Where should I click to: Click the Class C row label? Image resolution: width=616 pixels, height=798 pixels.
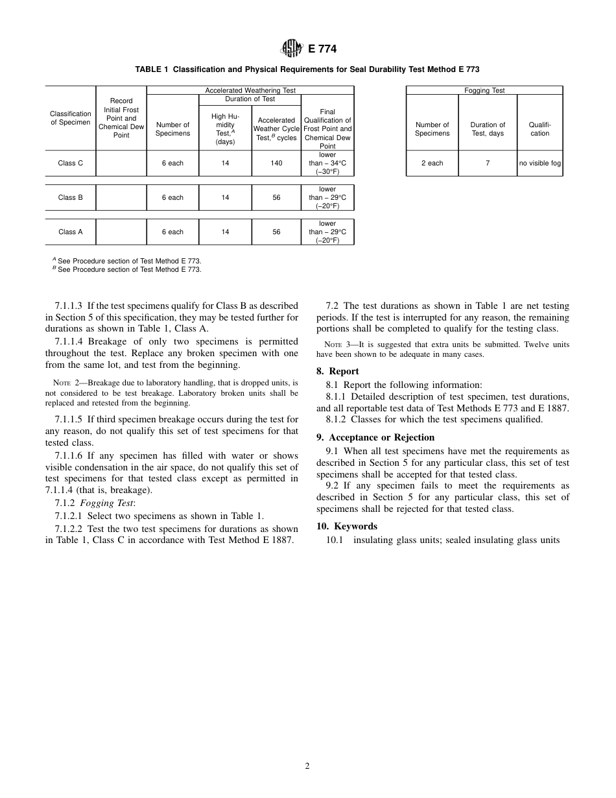coord(70,163)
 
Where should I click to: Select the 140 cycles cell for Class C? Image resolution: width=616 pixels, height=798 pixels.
coord(277,163)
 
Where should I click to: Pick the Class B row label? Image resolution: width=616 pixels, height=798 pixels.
coord(70,198)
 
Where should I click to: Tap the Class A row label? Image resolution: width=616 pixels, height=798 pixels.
coord(70,232)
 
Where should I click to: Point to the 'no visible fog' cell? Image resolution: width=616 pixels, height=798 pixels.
coord(539,163)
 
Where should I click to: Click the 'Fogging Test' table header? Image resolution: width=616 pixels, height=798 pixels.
coord(484,91)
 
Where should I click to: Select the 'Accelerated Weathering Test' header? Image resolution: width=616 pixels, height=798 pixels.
coord(250,91)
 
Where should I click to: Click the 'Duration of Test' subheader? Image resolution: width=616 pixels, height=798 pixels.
coord(250,99)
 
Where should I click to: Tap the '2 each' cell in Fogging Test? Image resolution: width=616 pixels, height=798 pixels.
coord(432,163)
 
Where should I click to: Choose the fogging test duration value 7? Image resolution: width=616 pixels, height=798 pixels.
coord(488,163)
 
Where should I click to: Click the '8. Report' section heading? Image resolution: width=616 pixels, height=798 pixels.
coord(337,372)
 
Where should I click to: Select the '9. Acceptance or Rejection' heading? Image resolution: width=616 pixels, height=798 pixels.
coord(375,438)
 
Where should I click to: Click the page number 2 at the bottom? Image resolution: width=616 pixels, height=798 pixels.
coord(307,766)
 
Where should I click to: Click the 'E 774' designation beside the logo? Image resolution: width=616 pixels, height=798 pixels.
coord(322,49)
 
